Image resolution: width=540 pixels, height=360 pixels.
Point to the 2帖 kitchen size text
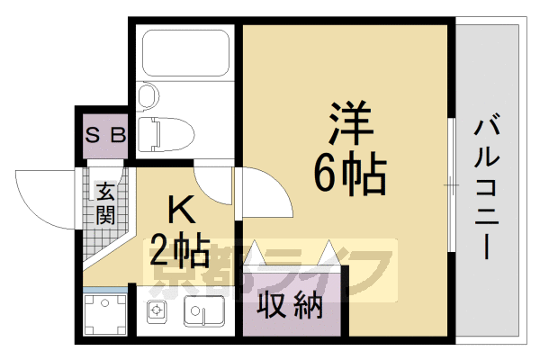(181, 246)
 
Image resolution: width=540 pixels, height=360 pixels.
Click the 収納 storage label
(291, 308)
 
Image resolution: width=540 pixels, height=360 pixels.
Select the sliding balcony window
(451, 184)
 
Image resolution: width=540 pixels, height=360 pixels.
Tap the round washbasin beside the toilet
(148, 94)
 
